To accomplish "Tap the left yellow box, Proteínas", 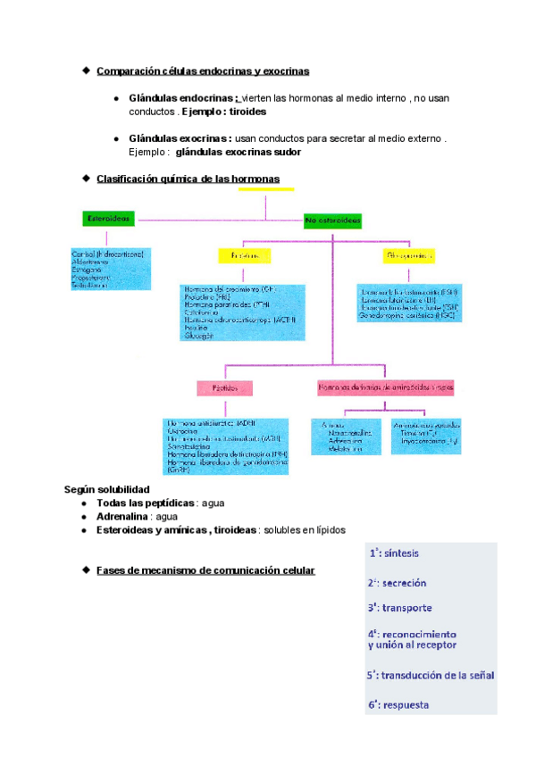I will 244,255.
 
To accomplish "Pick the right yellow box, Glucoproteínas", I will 409,255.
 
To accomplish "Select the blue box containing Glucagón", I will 244,312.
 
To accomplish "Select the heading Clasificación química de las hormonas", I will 188,179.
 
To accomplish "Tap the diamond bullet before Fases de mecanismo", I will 86,569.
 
